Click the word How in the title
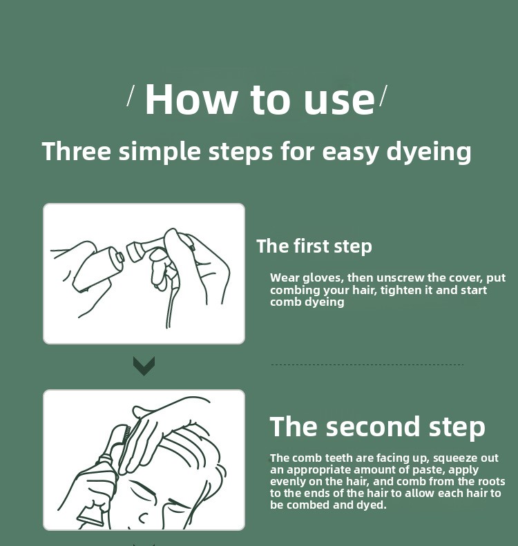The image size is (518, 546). (x=191, y=99)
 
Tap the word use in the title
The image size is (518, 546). (x=339, y=101)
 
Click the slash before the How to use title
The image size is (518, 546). (x=131, y=97)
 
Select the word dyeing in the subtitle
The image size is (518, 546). (x=429, y=152)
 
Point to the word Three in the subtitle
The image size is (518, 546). (x=77, y=150)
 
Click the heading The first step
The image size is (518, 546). (x=314, y=246)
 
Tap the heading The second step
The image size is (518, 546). (x=378, y=427)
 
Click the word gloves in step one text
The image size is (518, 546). (x=323, y=278)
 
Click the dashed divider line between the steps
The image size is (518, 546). (x=367, y=365)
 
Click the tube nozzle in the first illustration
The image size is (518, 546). (x=119, y=257)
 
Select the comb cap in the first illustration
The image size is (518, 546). (x=134, y=251)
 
